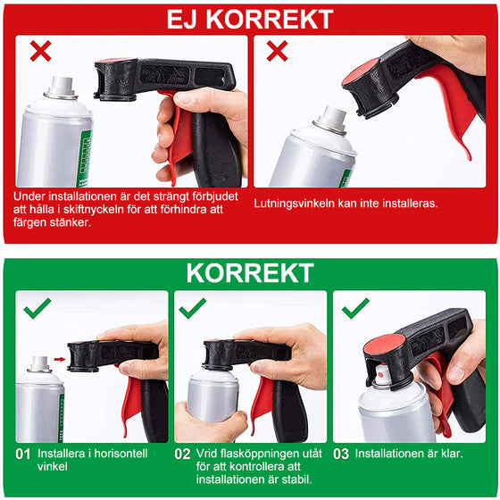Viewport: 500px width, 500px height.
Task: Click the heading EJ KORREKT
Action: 250,19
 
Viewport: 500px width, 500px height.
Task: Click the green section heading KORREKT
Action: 250,272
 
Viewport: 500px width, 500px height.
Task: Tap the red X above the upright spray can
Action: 39,51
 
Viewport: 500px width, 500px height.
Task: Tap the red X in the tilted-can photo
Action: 277,51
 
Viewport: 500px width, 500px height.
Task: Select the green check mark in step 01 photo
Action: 37,309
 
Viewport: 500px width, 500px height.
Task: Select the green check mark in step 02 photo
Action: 192,309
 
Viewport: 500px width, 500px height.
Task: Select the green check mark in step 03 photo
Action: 355,309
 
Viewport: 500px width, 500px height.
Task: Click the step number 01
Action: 24,454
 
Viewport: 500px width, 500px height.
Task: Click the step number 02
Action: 182,454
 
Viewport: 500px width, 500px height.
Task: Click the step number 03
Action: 340,454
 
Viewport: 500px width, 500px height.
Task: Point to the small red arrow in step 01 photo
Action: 59,360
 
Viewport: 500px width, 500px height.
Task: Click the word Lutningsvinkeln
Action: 295,204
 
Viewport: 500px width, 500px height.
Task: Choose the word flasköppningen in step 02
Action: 255,454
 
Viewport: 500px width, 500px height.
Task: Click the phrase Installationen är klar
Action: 409,454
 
